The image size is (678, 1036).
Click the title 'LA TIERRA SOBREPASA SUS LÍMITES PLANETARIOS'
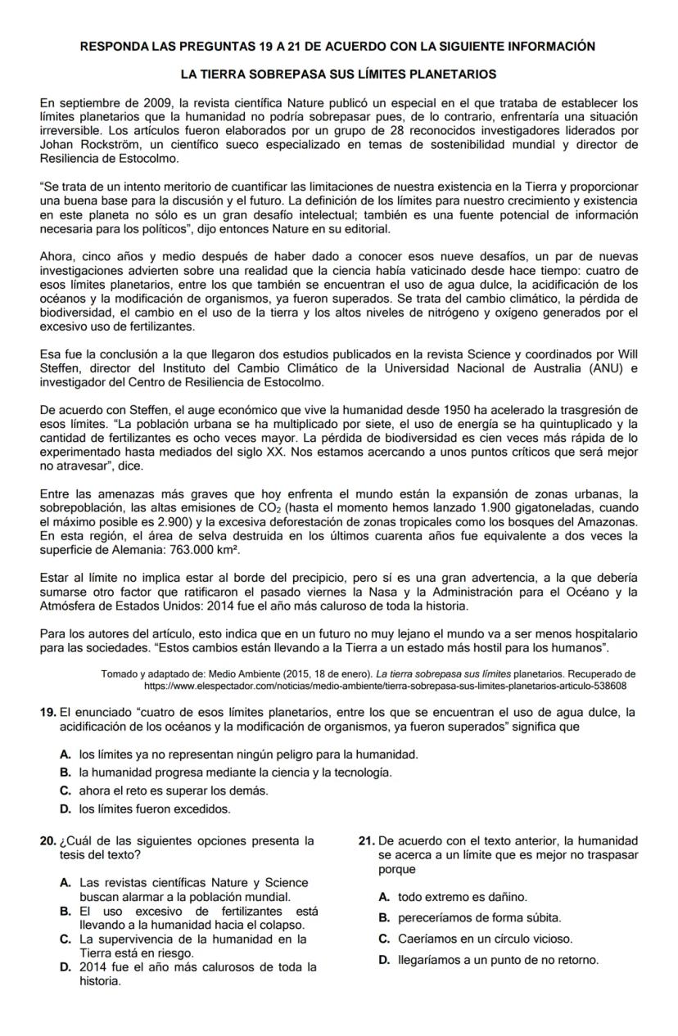point(338,74)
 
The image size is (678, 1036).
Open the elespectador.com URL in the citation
point(385,686)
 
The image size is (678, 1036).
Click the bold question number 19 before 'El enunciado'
point(47,712)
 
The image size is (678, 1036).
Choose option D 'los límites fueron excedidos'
point(155,809)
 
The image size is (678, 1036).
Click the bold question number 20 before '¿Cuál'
point(47,840)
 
